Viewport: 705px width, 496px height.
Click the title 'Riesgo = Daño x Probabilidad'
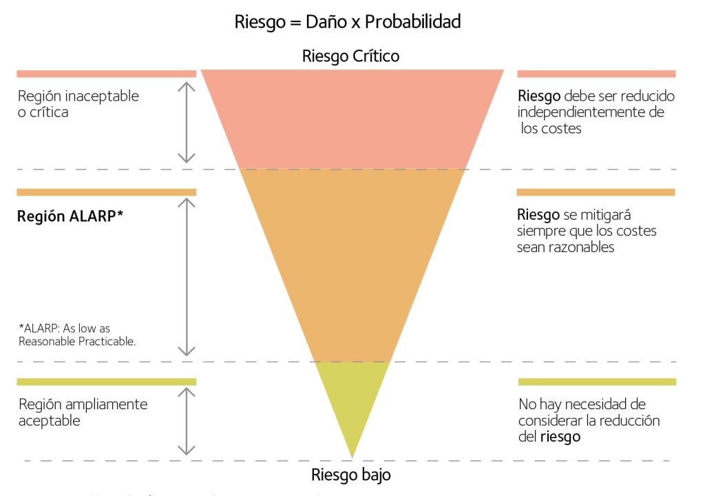point(347,21)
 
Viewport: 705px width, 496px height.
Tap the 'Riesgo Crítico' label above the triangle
point(350,56)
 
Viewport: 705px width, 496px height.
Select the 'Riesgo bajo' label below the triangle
point(351,475)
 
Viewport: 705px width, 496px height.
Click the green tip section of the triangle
point(352,400)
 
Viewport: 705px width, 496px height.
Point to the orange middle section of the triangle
point(352,262)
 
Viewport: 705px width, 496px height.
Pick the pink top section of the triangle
point(352,117)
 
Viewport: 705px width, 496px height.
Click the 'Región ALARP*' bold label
point(70,215)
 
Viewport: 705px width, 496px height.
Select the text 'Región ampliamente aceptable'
point(82,412)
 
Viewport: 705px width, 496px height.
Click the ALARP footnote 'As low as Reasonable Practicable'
point(76,335)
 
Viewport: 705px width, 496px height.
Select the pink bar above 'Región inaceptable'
point(106,74)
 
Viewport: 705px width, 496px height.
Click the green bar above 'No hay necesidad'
point(596,382)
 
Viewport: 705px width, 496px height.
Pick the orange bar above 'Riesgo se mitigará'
point(596,192)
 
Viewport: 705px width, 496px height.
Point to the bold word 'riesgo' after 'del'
point(560,437)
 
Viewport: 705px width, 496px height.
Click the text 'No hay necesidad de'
point(582,404)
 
